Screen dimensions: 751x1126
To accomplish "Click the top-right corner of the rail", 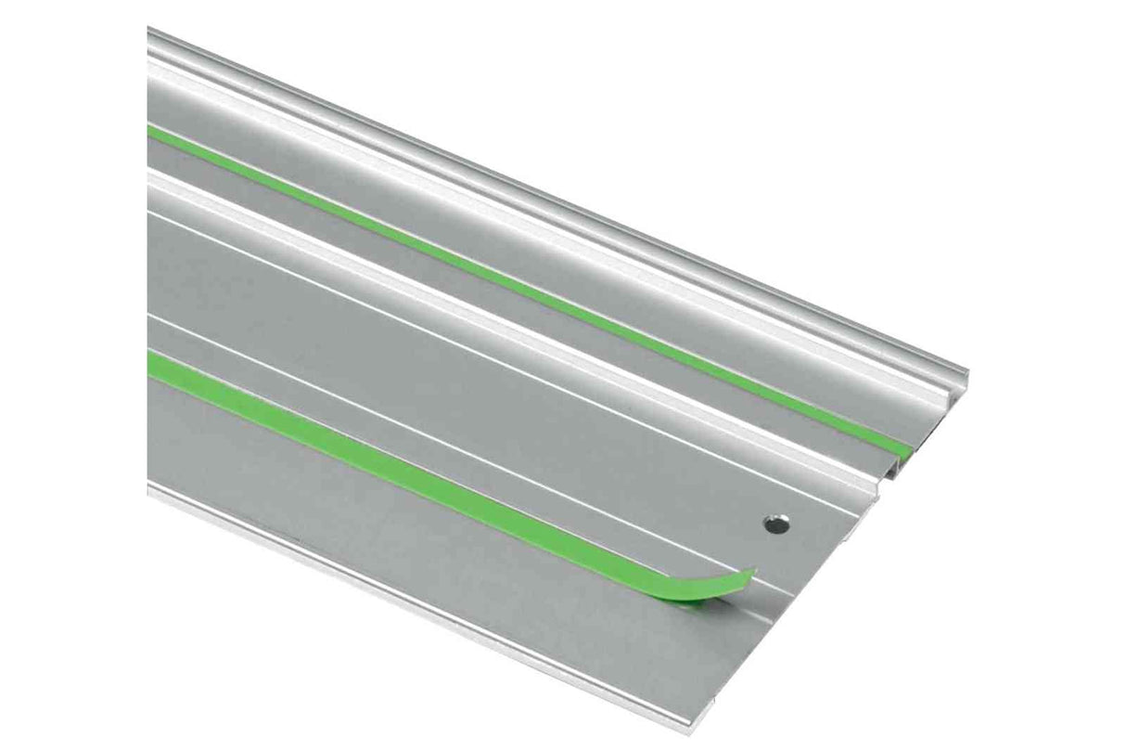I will (965, 372).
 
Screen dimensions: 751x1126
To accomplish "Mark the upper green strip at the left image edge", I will (152, 133).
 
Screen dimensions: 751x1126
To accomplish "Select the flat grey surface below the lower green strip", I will (371, 520).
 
